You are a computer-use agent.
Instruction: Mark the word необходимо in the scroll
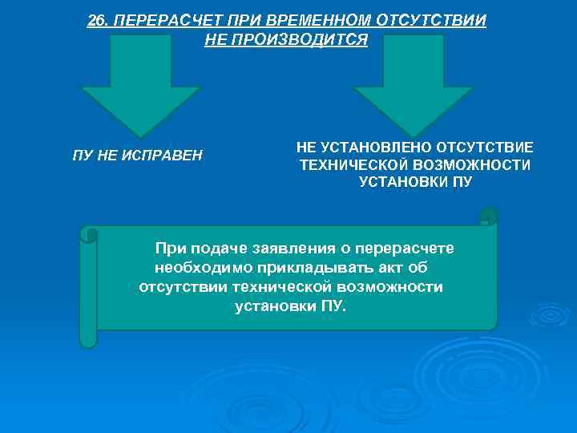point(198,267)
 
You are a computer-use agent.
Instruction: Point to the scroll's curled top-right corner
point(487,216)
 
